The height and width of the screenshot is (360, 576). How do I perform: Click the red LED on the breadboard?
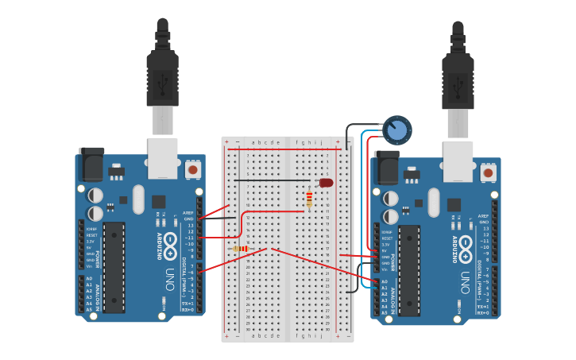pos(326,183)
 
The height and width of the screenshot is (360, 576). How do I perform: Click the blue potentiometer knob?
pos(396,130)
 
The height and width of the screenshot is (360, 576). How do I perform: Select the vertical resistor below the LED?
pos(309,199)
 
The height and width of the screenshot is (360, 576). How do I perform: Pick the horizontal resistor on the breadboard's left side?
pos(239,249)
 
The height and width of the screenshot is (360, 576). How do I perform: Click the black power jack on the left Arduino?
pos(92,164)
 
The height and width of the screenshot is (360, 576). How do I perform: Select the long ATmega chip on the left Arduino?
pos(114,266)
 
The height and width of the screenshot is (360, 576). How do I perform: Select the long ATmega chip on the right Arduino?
pos(409,269)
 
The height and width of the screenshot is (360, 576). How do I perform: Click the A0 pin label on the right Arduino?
pos(385,282)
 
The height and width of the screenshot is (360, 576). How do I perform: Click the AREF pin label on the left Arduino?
pos(187,213)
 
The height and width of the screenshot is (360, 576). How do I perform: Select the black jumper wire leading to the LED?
pos(278,181)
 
